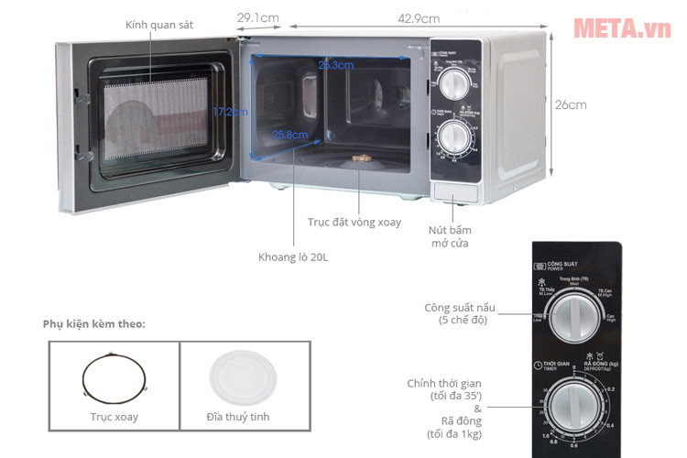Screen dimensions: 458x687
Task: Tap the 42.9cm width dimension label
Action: click(x=418, y=18)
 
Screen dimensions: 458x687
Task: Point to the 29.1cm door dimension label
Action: click(x=257, y=18)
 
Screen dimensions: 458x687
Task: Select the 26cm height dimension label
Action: click(x=570, y=104)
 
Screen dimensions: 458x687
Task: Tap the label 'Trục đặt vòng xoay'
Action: click(x=354, y=223)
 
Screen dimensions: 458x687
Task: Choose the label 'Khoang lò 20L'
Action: click(x=292, y=257)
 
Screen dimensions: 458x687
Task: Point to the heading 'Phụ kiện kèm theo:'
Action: click(x=93, y=324)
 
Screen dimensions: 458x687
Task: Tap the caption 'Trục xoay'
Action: click(x=114, y=417)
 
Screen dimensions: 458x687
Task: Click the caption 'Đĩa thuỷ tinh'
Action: click(x=238, y=417)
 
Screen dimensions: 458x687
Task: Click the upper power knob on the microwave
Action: click(x=453, y=85)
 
